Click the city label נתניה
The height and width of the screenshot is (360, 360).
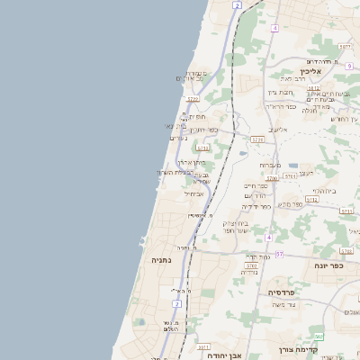coord(161,259)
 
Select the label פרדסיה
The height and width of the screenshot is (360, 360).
coord(287,292)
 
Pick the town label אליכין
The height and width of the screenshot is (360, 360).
coord(312,71)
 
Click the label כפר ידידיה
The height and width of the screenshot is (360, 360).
coord(256,206)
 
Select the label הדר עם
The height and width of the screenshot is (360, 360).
coord(256,195)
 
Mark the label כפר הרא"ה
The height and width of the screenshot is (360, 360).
coord(281,106)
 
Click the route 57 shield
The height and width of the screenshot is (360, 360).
coord(279,255)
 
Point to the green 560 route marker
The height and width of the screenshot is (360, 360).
coord(319,336)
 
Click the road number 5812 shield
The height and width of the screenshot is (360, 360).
coord(313,88)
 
